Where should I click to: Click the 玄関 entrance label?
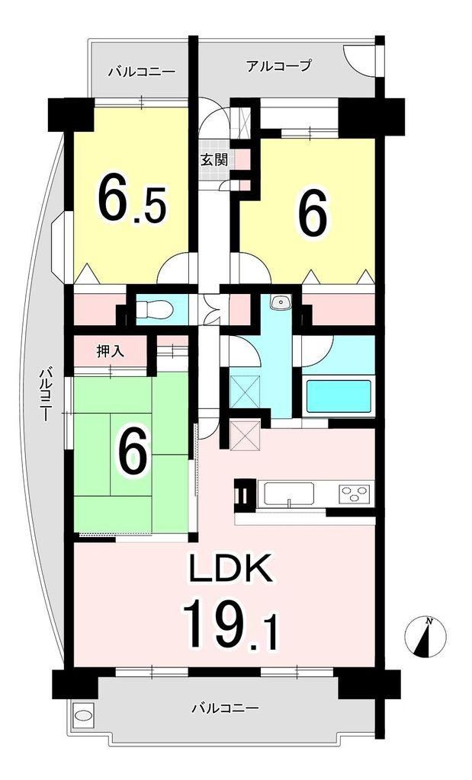click(214, 160)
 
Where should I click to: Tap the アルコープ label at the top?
click(279, 66)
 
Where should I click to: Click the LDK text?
click(230, 568)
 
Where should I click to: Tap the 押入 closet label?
click(110, 352)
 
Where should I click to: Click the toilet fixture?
click(154, 310)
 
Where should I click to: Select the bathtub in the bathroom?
click(339, 396)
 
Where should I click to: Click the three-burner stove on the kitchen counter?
click(355, 494)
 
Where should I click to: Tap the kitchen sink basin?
click(289, 494)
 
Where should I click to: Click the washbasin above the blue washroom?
click(282, 302)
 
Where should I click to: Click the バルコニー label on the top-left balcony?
click(142, 72)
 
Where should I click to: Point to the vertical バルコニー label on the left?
click(45, 395)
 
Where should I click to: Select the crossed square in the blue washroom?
click(245, 392)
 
